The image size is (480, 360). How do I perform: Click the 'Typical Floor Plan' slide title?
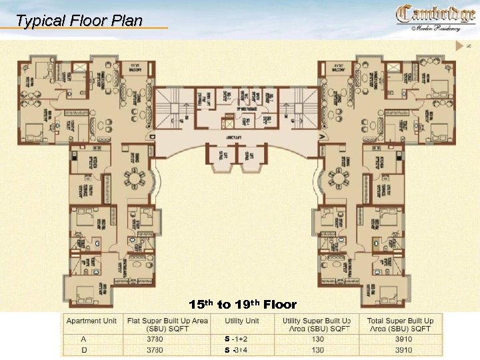click(79, 21)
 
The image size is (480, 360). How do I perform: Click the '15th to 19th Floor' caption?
click(242, 305)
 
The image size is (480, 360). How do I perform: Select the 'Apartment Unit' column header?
click(91, 321)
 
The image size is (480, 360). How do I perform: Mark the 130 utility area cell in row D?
click(318, 349)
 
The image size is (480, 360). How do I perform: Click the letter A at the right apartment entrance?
click(322, 136)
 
